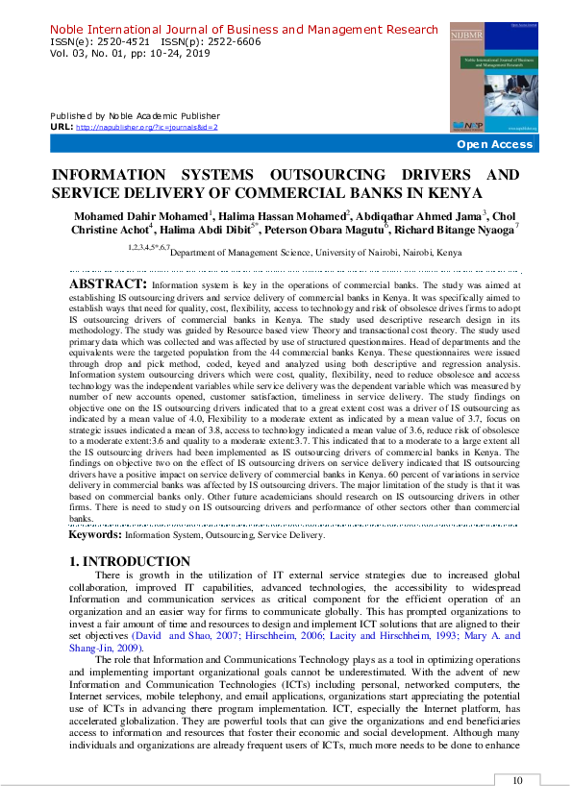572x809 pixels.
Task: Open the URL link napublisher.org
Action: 146,127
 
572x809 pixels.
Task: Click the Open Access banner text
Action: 494,144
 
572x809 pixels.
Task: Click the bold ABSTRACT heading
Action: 109,284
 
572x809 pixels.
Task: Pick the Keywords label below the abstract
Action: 94,534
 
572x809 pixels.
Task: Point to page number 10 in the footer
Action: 518,781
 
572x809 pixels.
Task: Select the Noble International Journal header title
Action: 243,30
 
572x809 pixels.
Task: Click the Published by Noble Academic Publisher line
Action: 135,116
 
